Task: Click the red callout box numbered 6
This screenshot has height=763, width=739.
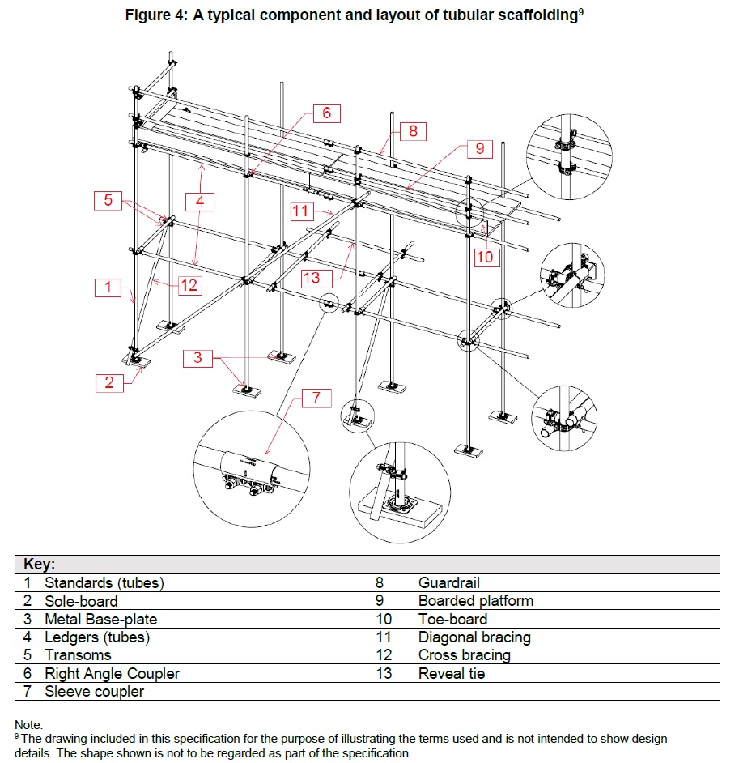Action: pyautogui.click(x=327, y=113)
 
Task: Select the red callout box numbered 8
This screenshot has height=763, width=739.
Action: pyautogui.click(x=413, y=130)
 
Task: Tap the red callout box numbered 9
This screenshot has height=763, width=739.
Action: pyautogui.click(x=479, y=149)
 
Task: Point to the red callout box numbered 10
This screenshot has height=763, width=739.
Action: pyautogui.click(x=484, y=257)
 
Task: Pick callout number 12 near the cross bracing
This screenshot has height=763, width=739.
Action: pyautogui.click(x=189, y=284)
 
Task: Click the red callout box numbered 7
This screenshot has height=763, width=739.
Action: pyautogui.click(x=316, y=398)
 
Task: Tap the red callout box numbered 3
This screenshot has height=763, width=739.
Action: pyautogui.click(x=197, y=357)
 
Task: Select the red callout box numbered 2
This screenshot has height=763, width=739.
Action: pyautogui.click(x=109, y=383)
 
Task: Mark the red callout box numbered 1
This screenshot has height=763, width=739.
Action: pyautogui.click(x=106, y=286)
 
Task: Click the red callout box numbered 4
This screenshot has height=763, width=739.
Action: pyautogui.click(x=199, y=199)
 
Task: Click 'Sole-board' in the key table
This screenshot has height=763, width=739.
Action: pyautogui.click(x=81, y=601)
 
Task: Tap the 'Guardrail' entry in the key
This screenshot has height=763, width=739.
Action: pyautogui.click(x=449, y=583)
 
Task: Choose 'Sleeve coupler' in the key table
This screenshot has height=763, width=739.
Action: pyautogui.click(x=94, y=692)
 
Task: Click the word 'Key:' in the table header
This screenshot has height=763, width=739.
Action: pyautogui.click(x=39, y=565)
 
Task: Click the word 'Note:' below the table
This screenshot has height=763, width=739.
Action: pyautogui.click(x=28, y=725)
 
